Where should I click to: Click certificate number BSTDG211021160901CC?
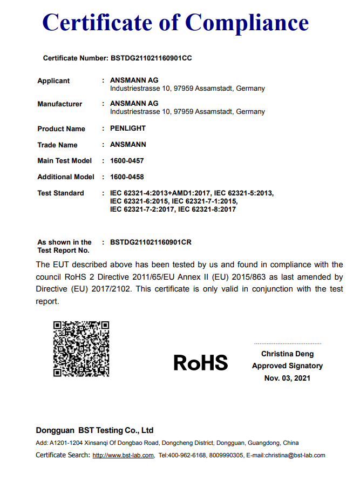pos(151,58)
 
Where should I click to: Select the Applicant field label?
pos(53,81)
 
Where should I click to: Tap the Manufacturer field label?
pos(59,104)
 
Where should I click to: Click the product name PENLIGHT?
pos(128,128)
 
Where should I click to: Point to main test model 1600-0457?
pos(127,161)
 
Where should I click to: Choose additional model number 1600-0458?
pos(127,177)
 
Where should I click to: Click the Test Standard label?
pos(60,193)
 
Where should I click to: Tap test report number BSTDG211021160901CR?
pos(151,242)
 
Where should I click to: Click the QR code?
pos(81,349)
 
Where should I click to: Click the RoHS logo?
pos(200,362)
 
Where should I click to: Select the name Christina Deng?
pos(287,354)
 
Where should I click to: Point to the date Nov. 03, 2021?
pos(287,378)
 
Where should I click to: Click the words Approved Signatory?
pos(287,366)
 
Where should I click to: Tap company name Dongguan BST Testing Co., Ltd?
pos(94,430)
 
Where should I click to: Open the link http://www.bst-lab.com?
pos(123,456)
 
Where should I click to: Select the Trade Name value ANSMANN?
pos(128,145)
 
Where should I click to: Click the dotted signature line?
pos(287,343)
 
